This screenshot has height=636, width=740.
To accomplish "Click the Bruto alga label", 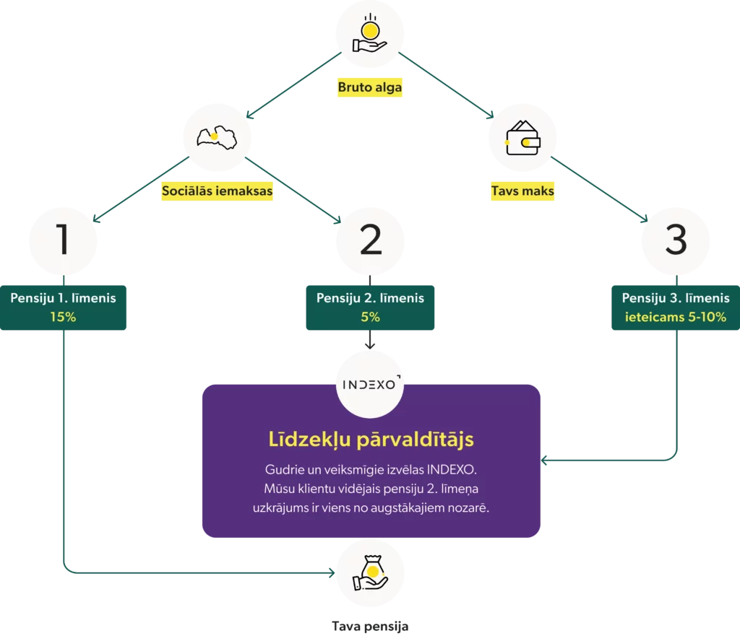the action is [369, 87].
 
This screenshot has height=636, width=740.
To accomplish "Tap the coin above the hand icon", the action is [370, 31].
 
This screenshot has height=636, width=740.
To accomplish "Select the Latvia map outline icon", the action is [217, 137].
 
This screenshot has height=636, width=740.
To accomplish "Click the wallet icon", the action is [523, 138].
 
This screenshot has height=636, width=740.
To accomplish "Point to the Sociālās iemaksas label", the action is [217, 191].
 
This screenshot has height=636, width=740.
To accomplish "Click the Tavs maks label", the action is [522, 191].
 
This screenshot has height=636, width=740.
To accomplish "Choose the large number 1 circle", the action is [64, 240].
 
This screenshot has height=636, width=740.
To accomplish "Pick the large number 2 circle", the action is [370, 240].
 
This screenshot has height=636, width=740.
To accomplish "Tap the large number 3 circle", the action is [676, 240].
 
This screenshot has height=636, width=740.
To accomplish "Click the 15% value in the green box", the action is [64, 317].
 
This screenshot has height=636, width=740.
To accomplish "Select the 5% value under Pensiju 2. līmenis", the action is [370, 317].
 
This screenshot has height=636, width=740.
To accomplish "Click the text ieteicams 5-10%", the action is [676, 317].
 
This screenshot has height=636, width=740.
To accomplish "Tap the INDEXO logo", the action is [371, 384].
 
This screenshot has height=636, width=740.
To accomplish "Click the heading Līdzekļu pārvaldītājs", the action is [371, 440].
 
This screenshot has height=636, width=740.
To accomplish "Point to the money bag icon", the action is [371, 572].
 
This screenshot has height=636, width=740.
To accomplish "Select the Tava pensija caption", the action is [370, 626].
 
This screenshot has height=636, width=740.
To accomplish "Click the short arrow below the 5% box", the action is [370, 339].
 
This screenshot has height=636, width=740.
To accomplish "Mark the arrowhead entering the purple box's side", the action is [544, 460].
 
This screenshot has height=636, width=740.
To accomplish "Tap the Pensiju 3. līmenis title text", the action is [676, 298].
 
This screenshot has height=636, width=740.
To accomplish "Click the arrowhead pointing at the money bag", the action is [332, 572].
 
